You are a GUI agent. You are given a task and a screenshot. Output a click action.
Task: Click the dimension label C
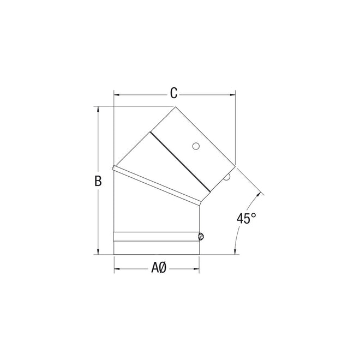(x=173, y=93)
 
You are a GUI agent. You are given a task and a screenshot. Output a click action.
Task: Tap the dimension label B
(x=98, y=182)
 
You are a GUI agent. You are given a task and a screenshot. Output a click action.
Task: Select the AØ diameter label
(x=158, y=268)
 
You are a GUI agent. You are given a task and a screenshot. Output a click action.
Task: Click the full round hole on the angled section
(x=196, y=146)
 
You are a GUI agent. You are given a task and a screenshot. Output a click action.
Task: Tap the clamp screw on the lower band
(x=201, y=237)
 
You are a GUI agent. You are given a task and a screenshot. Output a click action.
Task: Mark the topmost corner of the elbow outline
(x=176, y=106)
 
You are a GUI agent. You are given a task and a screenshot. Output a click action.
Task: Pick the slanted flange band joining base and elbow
(x=155, y=185)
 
